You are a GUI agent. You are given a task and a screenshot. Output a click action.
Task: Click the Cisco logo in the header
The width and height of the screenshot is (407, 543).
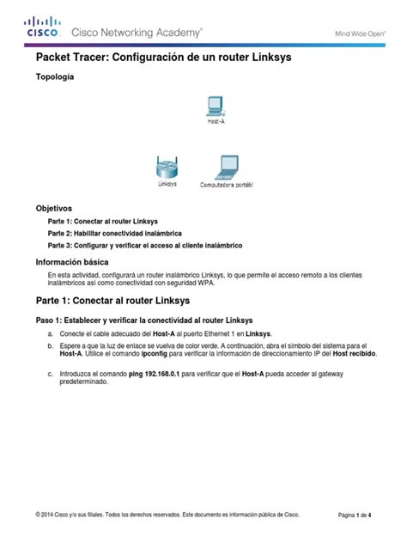(x=42, y=27)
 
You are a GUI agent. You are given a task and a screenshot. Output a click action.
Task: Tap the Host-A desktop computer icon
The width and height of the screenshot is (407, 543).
(x=216, y=107)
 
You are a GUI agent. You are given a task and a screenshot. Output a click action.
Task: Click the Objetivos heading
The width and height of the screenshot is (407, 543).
(x=53, y=208)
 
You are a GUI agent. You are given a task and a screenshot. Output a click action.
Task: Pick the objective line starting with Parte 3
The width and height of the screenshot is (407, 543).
(x=144, y=245)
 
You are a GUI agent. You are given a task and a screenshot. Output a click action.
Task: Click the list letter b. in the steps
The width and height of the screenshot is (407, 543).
(x=51, y=345)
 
